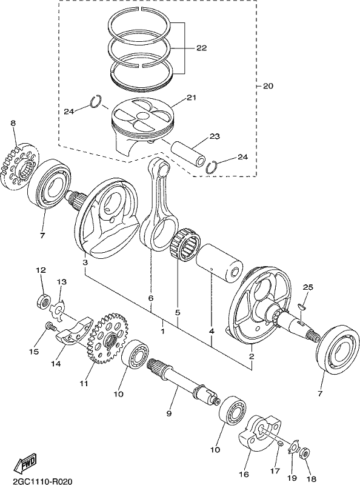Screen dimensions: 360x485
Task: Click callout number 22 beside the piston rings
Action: (x=201, y=48)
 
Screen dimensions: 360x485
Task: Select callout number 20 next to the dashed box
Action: (x=268, y=85)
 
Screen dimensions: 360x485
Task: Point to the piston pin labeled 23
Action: (x=188, y=152)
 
